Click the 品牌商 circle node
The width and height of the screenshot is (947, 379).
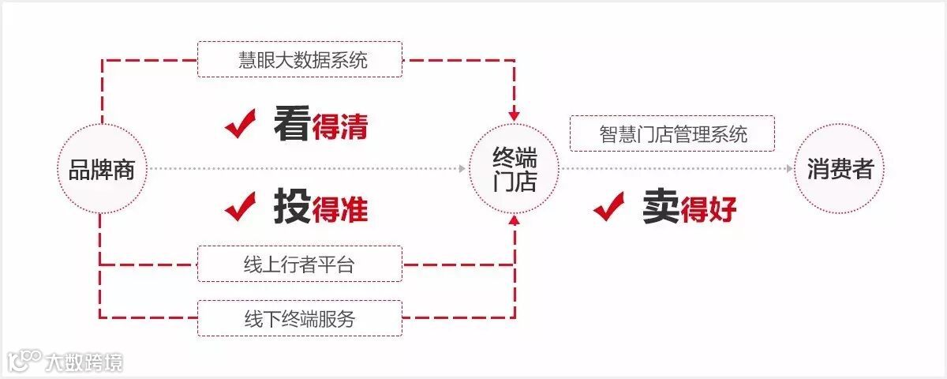pyautogui.click(x=102, y=169)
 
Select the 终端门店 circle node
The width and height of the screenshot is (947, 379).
pyautogui.click(x=515, y=169)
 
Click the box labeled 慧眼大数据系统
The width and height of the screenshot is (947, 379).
pyautogui.click(x=299, y=59)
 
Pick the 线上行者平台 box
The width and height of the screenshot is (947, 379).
pyautogui.click(x=299, y=264)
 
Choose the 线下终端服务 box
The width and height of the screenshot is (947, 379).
pyautogui.click(x=299, y=318)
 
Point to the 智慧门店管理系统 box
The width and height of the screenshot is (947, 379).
pyautogui.click(x=672, y=133)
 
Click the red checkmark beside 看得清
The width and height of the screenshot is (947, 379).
pyautogui.click(x=241, y=125)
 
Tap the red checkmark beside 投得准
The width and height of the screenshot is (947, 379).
pyautogui.click(x=241, y=207)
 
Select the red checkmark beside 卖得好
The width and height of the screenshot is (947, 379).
pyautogui.click(x=609, y=207)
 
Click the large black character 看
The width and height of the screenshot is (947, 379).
pyautogui.click(x=291, y=125)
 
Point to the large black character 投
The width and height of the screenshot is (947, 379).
pyautogui.click(x=291, y=207)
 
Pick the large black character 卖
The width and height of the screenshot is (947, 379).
pyautogui.click(x=660, y=207)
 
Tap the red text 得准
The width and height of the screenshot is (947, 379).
pyautogui.click(x=340, y=210)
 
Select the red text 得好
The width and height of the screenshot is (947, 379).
pyautogui.click(x=709, y=210)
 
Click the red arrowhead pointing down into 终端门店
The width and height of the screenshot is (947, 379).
pyautogui.click(x=515, y=115)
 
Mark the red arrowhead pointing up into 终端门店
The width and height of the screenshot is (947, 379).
pyautogui.click(x=515, y=222)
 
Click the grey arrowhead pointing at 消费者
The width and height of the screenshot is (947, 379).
pyautogui.click(x=789, y=169)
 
